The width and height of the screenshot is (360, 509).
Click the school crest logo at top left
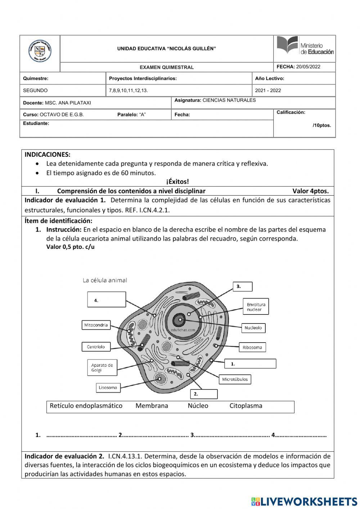(40, 51)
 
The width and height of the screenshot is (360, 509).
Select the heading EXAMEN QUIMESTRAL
(167, 67)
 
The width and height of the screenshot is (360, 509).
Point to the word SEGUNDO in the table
(35, 90)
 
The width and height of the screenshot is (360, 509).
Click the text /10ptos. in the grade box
(321, 125)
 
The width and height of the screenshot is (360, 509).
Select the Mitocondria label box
(96, 325)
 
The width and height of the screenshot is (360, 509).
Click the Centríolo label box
(96, 347)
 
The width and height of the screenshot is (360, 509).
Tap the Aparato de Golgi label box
(102, 367)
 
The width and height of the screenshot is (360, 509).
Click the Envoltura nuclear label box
(256, 307)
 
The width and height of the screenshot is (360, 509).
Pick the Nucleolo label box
(253, 328)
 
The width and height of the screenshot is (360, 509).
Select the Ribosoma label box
(252, 348)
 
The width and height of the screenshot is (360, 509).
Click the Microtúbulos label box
(235, 379)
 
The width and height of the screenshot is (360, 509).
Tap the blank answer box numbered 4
(107, 300)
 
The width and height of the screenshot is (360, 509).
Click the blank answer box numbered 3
(243, 287)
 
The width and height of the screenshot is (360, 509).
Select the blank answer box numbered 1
(250, 364)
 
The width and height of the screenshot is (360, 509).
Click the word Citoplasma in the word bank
(246, 406)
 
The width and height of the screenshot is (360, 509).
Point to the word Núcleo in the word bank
(198, 406)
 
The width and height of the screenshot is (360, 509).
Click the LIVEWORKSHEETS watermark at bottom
(304, 501)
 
